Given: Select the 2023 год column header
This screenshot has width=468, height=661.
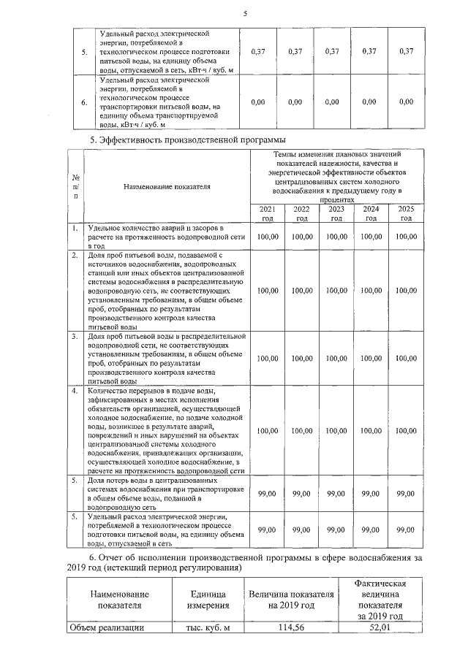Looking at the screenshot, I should tap(336, 213).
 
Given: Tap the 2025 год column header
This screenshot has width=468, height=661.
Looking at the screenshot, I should tap(406, 213).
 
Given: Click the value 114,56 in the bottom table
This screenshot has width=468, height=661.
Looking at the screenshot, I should tap(290, 627).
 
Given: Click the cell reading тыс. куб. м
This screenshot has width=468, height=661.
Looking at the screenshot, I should tap(198, 627).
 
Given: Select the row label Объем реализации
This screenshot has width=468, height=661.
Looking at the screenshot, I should tap(106, 627).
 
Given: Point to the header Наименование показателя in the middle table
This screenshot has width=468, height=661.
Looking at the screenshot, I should tap(167, 187).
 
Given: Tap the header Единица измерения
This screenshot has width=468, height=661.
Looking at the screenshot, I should tap(198, 600).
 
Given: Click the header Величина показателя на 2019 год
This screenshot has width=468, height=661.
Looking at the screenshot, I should tap(290, 600).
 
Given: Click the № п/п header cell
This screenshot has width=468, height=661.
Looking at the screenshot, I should tap(75, 187).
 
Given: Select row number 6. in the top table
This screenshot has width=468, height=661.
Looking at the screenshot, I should tap(84, 103).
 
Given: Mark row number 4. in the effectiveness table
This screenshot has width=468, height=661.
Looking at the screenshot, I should tap(75, 391).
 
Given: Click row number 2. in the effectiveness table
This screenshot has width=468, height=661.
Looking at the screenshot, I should tap(75, 256).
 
